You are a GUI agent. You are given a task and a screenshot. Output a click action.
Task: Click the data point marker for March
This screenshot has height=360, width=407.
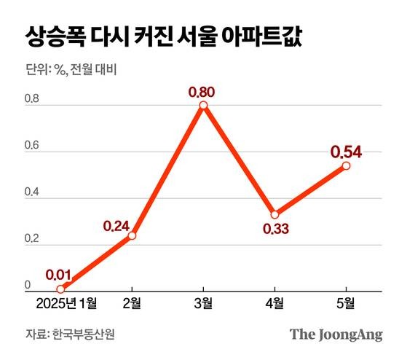click(x=203, y=106)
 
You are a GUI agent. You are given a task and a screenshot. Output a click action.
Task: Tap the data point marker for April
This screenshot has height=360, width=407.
click(x=274, y=215)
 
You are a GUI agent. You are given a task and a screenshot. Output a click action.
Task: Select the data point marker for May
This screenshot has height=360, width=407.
click(x=346, y=165)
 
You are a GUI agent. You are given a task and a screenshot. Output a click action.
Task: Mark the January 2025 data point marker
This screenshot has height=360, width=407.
click(x=60, y=289)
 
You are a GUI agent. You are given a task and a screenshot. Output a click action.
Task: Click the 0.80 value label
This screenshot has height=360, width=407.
click(x=203, y=93)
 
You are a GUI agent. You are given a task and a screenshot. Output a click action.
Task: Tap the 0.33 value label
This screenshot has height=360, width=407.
click(x=275, y=230)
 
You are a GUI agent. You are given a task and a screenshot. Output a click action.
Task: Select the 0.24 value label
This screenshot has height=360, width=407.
click(x=117, y=226)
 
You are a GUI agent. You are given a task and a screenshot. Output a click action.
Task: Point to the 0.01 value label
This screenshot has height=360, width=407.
click(x=58, y=275)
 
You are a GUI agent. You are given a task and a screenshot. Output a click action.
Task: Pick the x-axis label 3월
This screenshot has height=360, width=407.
click(x=203, y=302)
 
